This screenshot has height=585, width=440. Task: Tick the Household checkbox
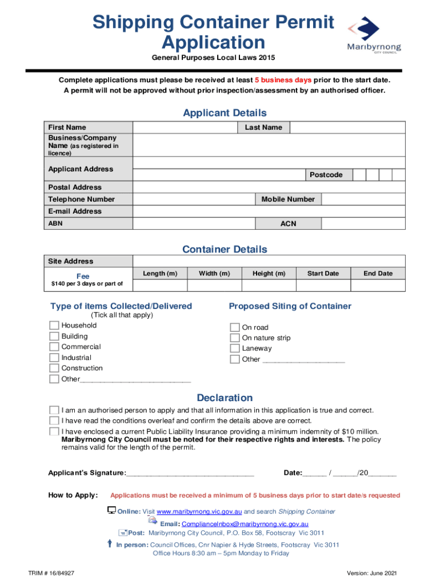(x=54, y=326)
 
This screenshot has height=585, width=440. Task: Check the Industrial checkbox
(x=54, y=358)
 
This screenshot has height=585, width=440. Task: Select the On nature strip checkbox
(x=234, y=338)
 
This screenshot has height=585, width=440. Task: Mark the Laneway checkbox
(x=234, y=348)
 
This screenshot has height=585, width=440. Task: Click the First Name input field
(x=185, y=127)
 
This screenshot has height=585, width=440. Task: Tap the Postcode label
(x=326, y=175)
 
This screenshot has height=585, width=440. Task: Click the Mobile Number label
(x=288, y=199)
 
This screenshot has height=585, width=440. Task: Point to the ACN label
(x=288, y=223)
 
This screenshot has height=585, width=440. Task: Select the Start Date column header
(x=323, y=274)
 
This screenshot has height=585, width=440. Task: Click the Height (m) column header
(x=269, y=274)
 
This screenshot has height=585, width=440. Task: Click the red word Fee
(x=83, y=277)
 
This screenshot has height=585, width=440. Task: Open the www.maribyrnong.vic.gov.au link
(x=199, y=511)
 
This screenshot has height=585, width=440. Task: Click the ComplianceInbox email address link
(x=245, y=524)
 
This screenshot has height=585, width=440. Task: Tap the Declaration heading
(x=225, y=398)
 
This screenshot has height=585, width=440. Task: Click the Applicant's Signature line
(x=190, y=473)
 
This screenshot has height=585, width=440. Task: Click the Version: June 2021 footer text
(x=371, y=573)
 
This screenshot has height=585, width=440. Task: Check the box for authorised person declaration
(x=54, y=410)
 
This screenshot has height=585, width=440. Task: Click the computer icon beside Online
(x=112, y=510)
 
